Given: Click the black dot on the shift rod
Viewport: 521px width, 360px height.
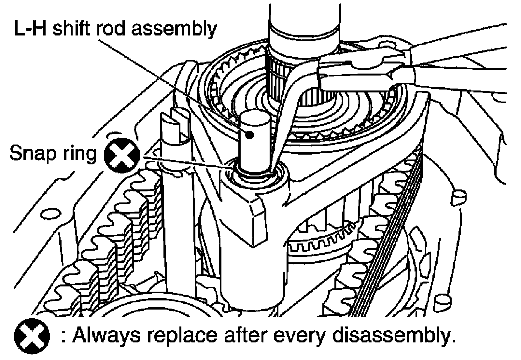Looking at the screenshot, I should (x=250, y=134).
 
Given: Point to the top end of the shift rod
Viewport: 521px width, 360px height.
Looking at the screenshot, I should (x=255, y=117).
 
